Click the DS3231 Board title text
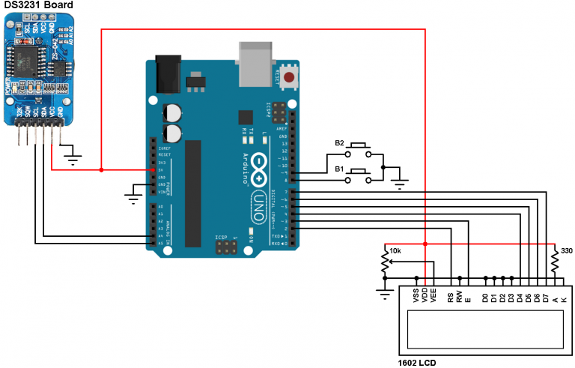click(41, 7)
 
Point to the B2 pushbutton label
click(339, 142)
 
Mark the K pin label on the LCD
click(564, 299)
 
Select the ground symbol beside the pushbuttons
click(398, 181)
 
